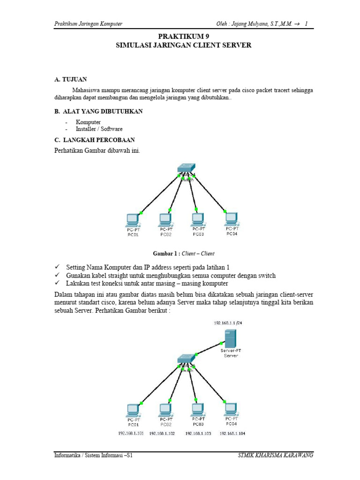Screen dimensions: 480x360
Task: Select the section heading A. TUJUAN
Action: click(x=71, y=80)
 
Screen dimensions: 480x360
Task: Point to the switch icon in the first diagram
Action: click(x=187, y=169)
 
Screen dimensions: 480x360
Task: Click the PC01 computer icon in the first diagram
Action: click(x=133, y=219)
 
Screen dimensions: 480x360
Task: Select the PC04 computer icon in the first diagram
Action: click(x=231, y=217)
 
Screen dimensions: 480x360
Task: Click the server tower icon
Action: click(x=230, y=337)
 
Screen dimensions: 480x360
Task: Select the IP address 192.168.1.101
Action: click(x=131, y=434)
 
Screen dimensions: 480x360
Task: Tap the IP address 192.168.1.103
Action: click(x=198, y=434)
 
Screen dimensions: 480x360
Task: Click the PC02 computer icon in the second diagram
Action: click(x=165, y=409)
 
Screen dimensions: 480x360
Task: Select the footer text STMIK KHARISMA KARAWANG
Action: click(x=276, y=455)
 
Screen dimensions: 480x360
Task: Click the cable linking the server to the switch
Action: click(x=209, y=348)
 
